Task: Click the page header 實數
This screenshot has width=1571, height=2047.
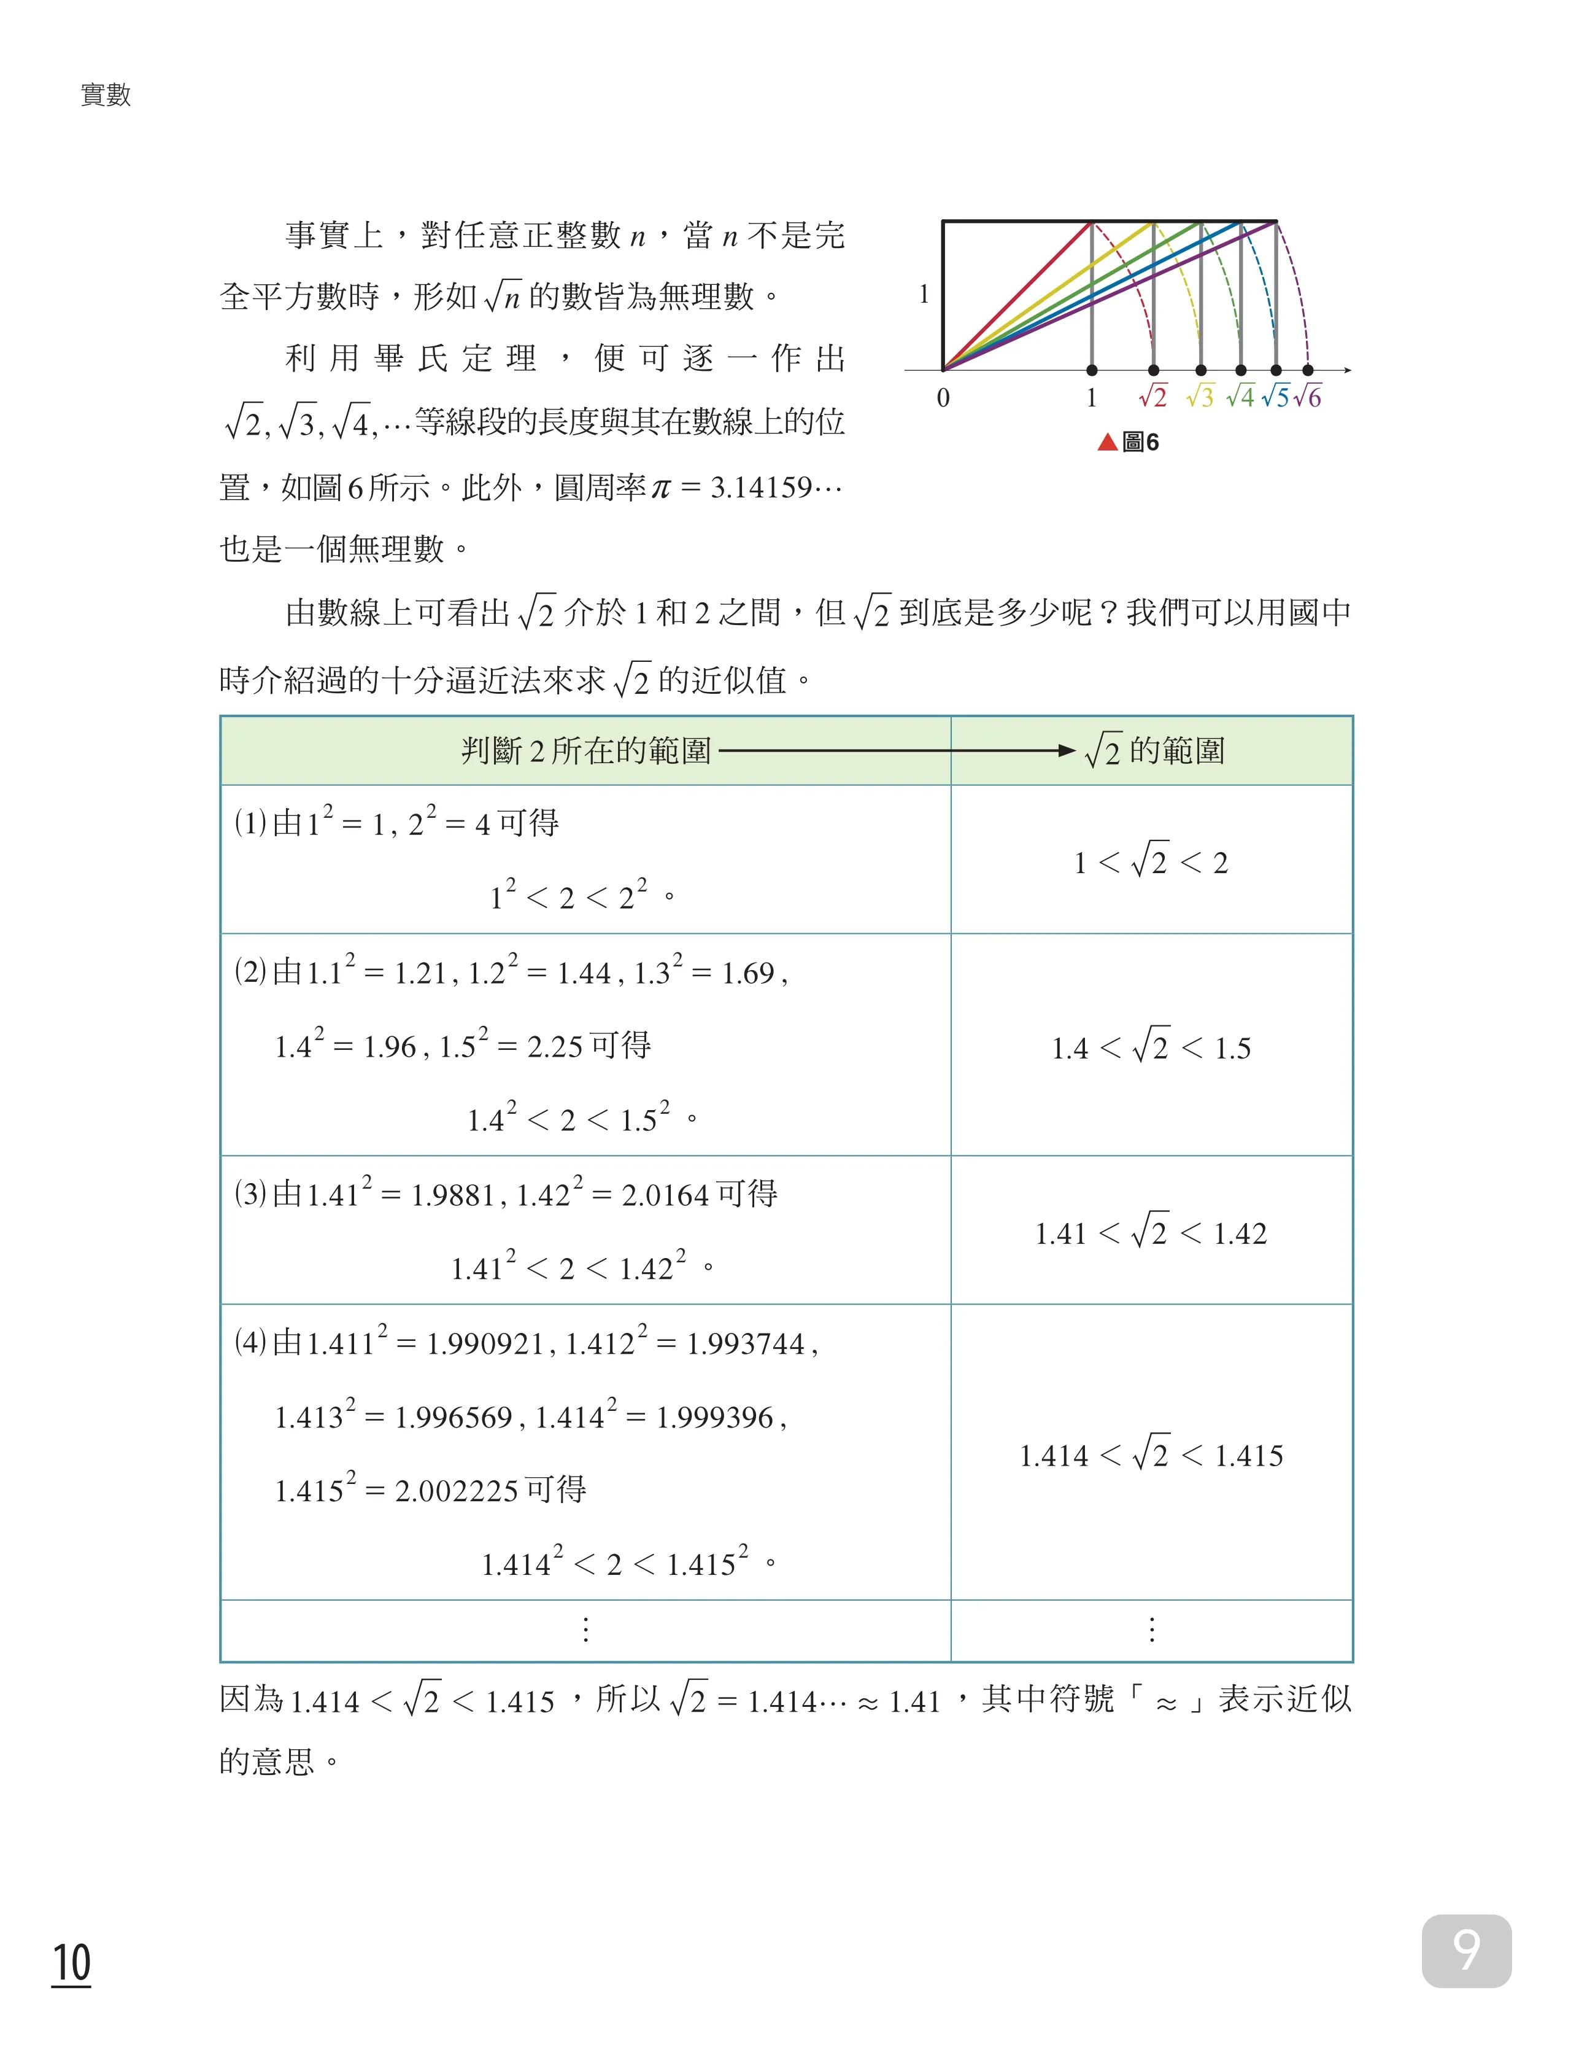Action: pyautogui.click(x=106, y=95)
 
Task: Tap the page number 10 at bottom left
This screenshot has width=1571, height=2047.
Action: pyautogui.click(x=71, y=1962)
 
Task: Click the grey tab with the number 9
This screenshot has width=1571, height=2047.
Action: pyautogui.click(x=1465, y=1951)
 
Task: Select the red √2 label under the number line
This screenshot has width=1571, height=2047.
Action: pyautogui.click(x=1153, y=397)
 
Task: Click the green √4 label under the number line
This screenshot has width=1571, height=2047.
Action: pyautogui.click(x=1240, y=397)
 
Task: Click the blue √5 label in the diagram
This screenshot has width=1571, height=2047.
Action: pyautogui.click(x=1275, y=397)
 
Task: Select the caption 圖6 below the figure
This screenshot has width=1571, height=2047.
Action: pyautogui.click(x=1139, y=443)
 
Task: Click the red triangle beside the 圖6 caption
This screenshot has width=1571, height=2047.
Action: pyautogui.click(x=1107, y=443)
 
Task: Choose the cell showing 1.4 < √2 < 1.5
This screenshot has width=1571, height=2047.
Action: pyautogui.click(x=1151, y=1047)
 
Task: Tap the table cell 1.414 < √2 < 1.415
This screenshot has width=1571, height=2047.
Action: pyautogui.click(x=1151, y=1455)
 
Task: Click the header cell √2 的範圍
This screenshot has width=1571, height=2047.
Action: pyautogui.click(x=1154, y=750)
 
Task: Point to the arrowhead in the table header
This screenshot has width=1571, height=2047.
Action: pyautogui.click(x=1065, y=750)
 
